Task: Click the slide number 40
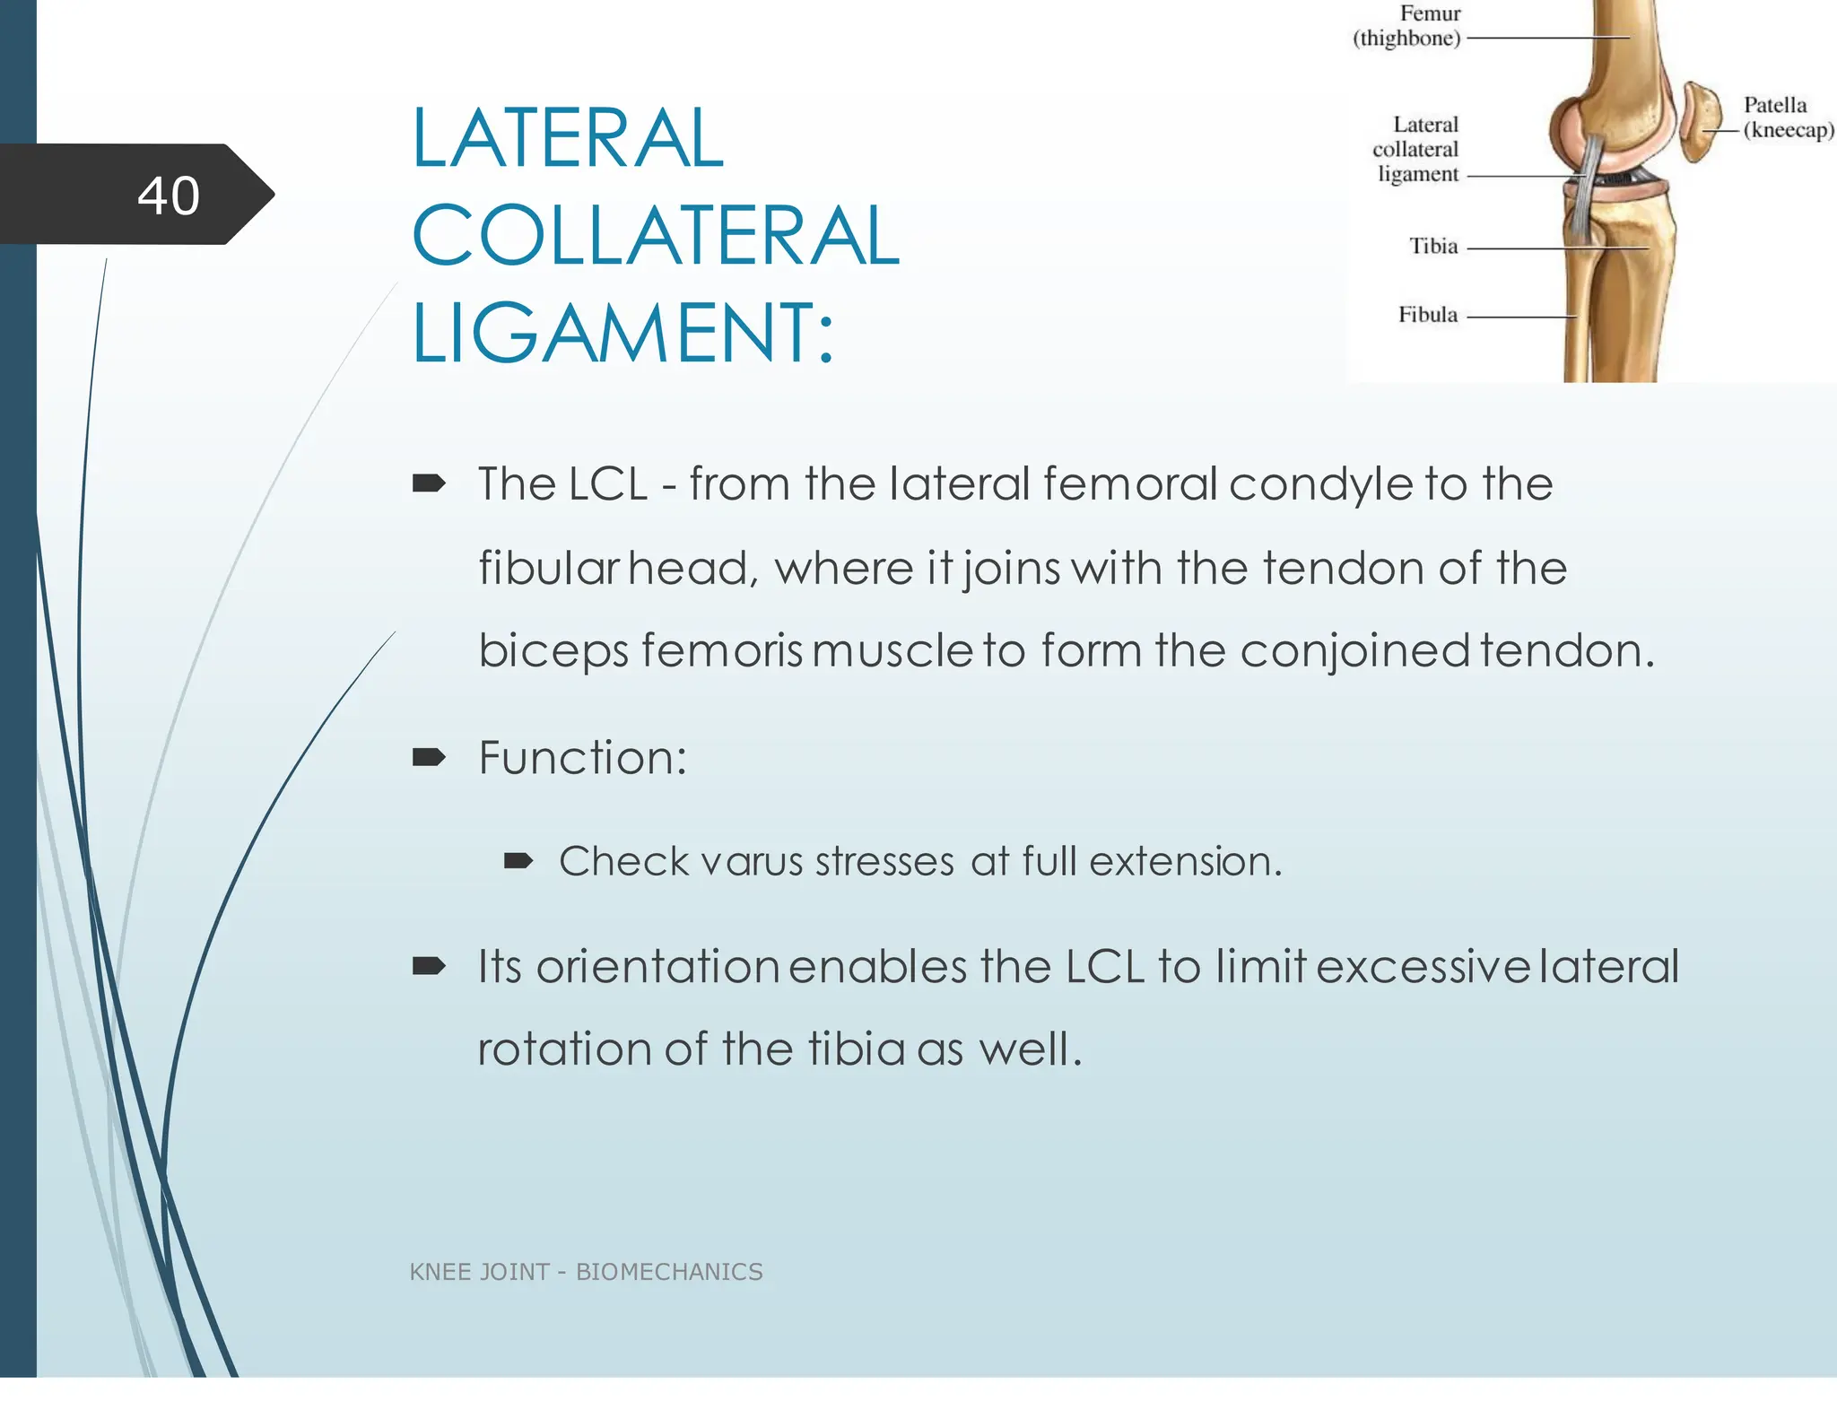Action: [169, 196]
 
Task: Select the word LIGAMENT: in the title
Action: [622, 334]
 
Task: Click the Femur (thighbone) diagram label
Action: [1408, 26]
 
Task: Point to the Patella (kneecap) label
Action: [1787, 118]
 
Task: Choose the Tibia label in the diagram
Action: [1433, 247]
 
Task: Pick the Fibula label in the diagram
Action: [1428, 315]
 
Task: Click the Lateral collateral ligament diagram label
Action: [1417, 150]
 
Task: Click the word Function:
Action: [582, 758]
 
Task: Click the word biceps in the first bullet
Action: [553, 651]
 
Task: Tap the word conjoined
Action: [1354, 651]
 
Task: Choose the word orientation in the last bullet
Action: [657, 967]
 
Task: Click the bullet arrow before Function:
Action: [429, 758]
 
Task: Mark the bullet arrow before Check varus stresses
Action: [518, 862]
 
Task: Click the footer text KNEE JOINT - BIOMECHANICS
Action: [586, 1272]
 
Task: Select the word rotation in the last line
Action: [565, 1049]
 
